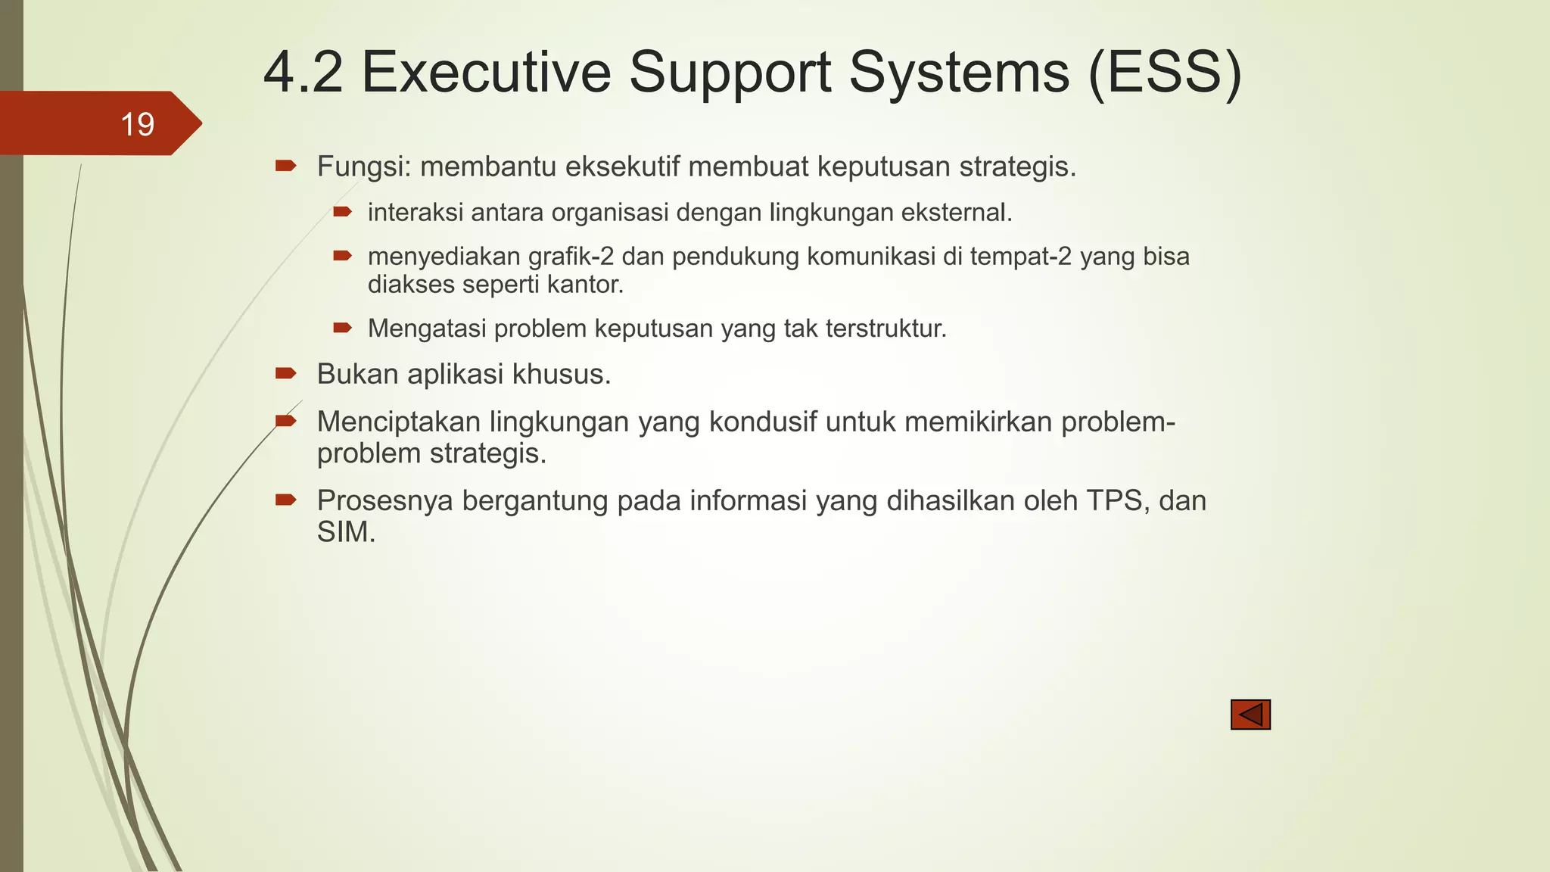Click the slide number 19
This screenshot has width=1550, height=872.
pos(137,124)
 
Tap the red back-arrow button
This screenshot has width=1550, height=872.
pos(1250,715)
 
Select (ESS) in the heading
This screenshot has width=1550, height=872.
pos(1164,73)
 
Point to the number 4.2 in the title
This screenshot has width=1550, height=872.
pos(303,73)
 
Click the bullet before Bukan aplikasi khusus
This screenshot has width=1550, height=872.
pos(285,372)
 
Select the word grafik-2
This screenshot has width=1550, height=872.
pos(571,257)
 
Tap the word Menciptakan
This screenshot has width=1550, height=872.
pos(398,422)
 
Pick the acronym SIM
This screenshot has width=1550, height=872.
pos(346,533)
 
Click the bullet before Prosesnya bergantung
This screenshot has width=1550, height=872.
pos(285,499)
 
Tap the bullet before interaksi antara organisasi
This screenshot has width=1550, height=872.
pos(342,211)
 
